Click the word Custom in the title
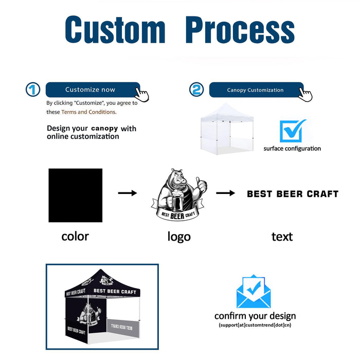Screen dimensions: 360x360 click(x=115, y=29)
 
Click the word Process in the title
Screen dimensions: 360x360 click(x=240, y=29)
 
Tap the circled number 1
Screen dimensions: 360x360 click(x=33, y=90)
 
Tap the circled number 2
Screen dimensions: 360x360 click(x=196, y=90)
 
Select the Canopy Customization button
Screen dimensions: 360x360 click(x=256, y=90)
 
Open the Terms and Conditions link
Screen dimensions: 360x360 click(x=88, y=112)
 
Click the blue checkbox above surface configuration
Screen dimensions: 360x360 click(x=292, y=131)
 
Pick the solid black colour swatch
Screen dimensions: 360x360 click(x=75, y=195)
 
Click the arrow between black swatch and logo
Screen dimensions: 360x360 click(x=127, y=193)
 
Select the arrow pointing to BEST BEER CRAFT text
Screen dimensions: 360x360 click(x=225, y=193)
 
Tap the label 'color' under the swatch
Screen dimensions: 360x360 click(x=75, y=236)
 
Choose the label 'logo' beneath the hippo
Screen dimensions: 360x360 click(x=178, y=237)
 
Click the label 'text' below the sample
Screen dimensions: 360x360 click(x=282, y=237)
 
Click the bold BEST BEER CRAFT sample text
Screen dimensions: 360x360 click(x=293, y=194)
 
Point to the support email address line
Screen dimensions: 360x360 click(x=255, y=325)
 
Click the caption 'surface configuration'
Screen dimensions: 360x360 click(x=292, y=149)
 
